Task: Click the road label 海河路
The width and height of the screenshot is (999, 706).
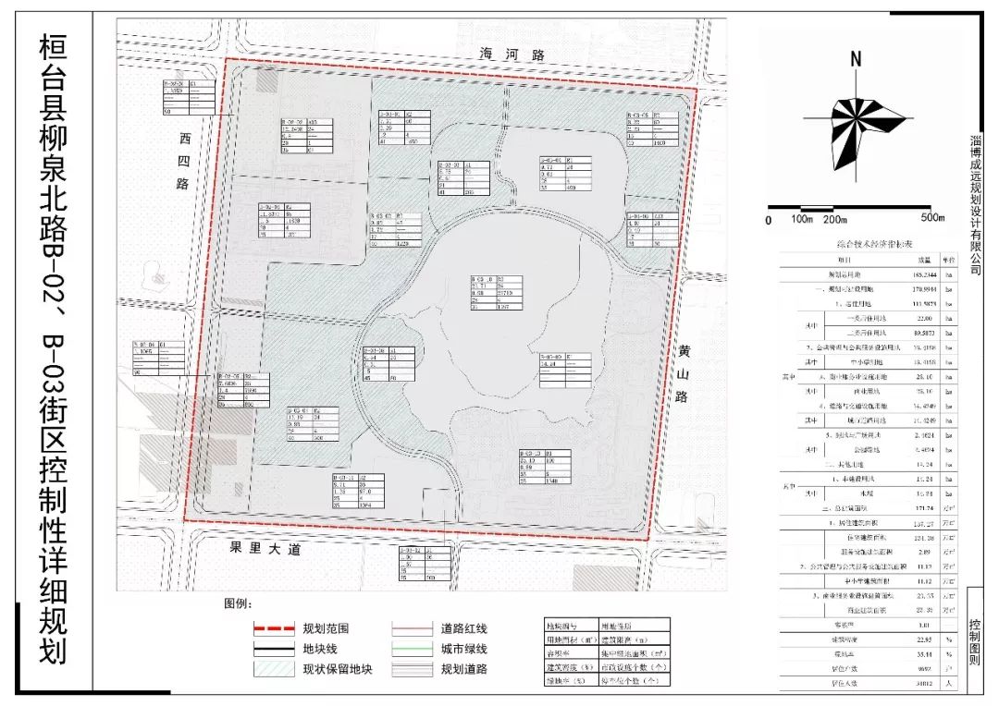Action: point(512,55)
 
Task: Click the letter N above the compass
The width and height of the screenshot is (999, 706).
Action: point(857,59)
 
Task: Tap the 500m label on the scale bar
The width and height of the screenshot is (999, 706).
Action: point(928,220)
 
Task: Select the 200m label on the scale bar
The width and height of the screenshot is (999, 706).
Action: point(835,220)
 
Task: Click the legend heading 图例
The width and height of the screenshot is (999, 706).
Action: point(238,603)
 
